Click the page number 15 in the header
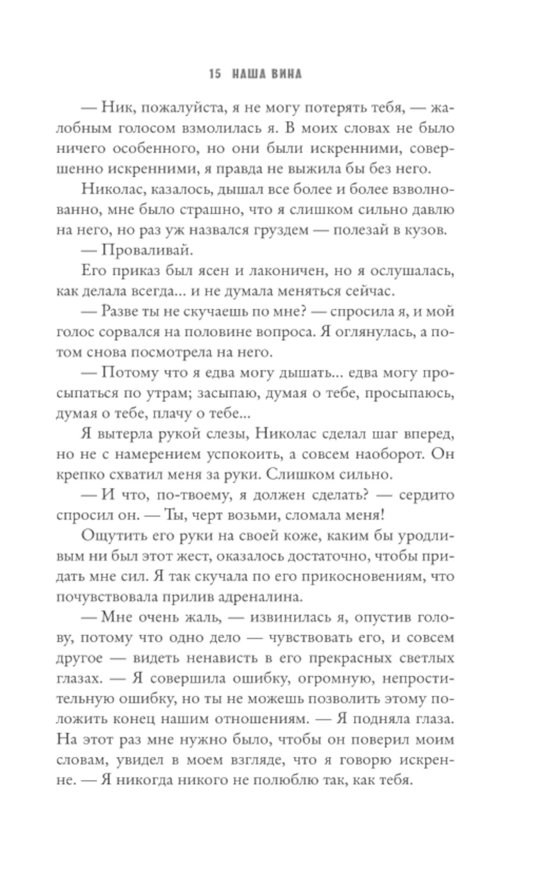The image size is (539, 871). (x=214, y=74)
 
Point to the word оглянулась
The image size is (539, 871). (x=372, y=332)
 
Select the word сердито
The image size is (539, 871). (x=425, y=495)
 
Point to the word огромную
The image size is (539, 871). (x=319, y=678)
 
